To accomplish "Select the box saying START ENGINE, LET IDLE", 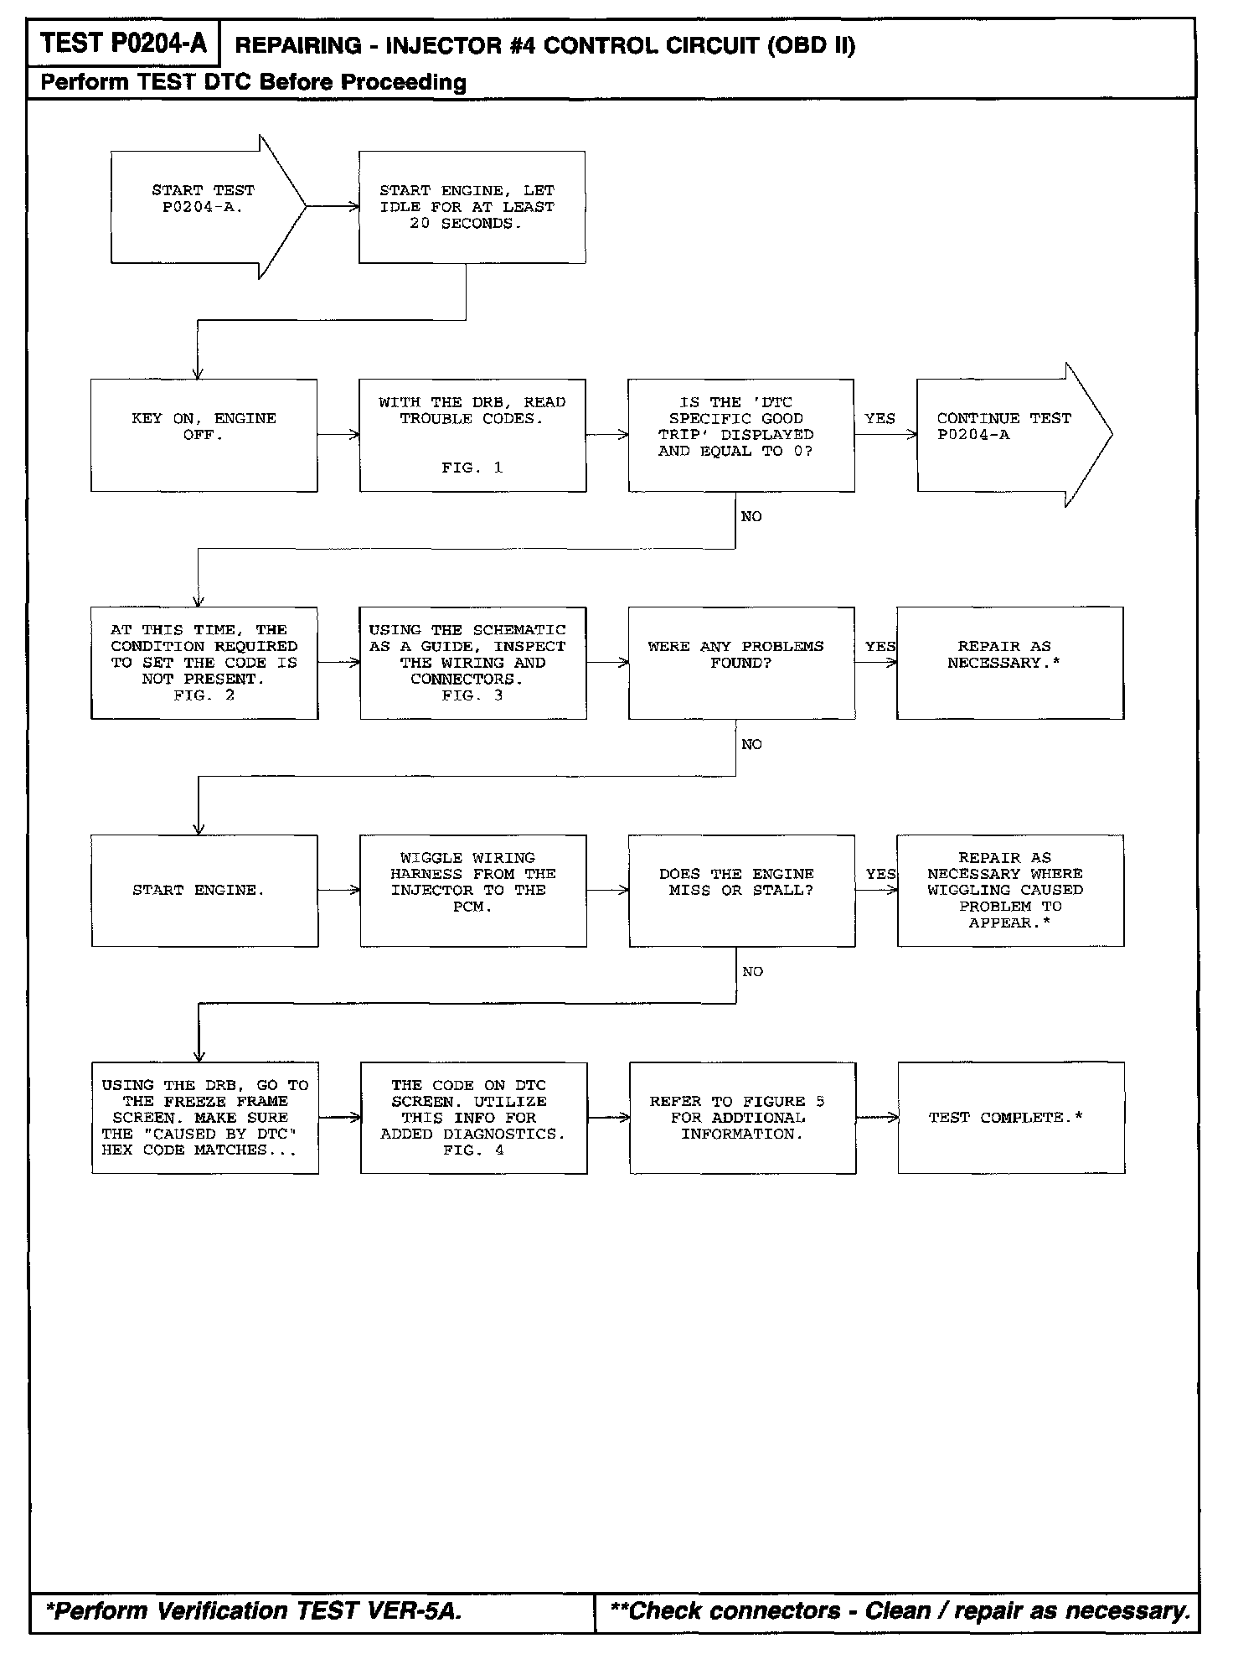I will pyautogui.click(x=472, y=207).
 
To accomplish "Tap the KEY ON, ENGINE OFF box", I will pyautogui.click(x=204, y=435).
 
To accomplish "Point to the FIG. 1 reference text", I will pyautogui.click(x=472, y=468).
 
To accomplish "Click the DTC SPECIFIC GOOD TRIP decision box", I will pyautogui.click(x=740, y=435).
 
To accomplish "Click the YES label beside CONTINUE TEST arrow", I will pyautogui.click(x=880, y=418).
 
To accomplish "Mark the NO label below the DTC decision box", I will pyautogui.click(x=751, y=517).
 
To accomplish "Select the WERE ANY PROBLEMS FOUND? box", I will pyautogui.click(x=741, y=663).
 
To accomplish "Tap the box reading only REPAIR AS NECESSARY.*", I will pyautogui.click(x=1009, y=663).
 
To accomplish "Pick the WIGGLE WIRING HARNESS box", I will pyautogui.click(x=472, y=891).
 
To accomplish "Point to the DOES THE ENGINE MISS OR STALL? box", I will pyautogui.click(x=741, y=891).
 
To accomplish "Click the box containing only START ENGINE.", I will pyautogui.click(x=204, y=891).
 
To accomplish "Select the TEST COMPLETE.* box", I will pyautogui.click(x=1010, y=1118).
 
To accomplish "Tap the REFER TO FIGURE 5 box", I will pyautogui.click(x=742, y=1118).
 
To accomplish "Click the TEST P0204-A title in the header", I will pyautogui.click(x=123, y=44).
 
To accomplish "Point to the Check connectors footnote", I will pyautogui.click(x=900, y=1610).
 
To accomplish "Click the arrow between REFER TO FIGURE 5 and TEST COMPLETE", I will pyautogui.click(x=877, y=1118).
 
